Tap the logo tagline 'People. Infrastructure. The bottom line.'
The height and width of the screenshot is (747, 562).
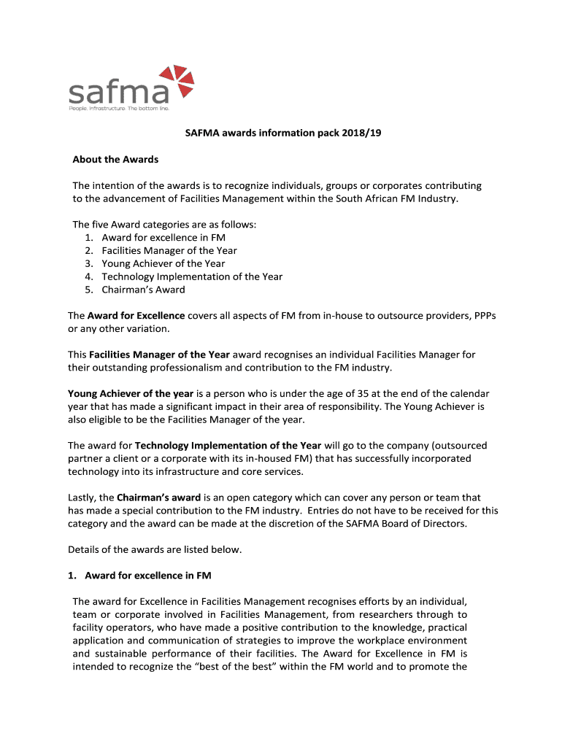[118, 109]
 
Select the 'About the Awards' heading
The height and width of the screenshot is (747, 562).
[115, 159]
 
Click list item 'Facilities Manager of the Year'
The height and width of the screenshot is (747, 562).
[169, 250]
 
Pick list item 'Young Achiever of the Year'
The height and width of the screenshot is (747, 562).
[163, 263]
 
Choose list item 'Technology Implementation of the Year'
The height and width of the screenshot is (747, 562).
[192, 276]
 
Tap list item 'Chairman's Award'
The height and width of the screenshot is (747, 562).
[143, 290]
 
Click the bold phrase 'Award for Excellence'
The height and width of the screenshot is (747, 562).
[136, 316]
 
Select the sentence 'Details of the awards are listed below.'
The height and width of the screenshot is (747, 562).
[154, 549]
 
